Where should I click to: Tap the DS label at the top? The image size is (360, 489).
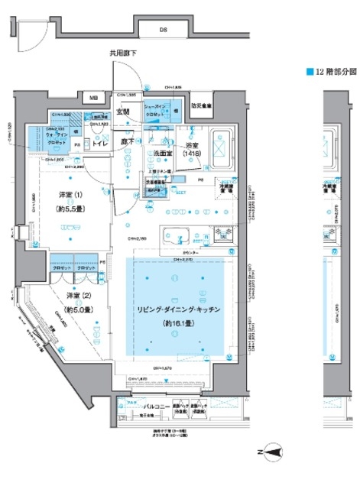pyautogui.click(x=163, y=30)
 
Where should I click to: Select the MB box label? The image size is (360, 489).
pyautogui.click(x=92, y=98)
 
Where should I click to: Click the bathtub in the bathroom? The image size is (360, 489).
pyautogui.click(x=222, y=144)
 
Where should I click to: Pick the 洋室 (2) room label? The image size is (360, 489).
pyautogui.click(x=76, y=302)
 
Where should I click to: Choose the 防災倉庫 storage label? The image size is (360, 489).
pyautogui.click(x=202, y=105)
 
